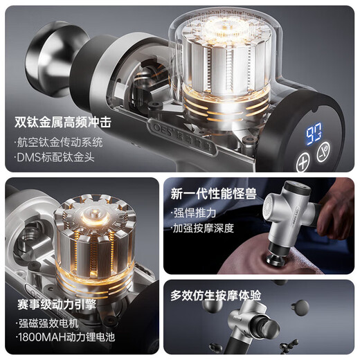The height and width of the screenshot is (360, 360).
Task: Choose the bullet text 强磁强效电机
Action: (50, 323)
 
